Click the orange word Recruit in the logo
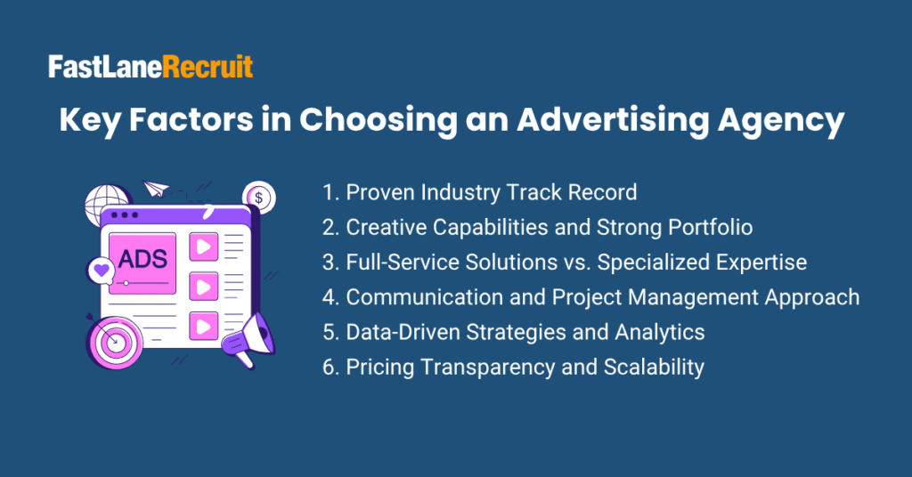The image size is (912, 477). tap(208, 67)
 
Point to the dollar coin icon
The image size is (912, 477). tap(259, 198)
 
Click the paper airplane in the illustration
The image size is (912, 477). tap(156, 189)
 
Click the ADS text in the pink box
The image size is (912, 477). tap(142, 259)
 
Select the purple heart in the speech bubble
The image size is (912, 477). tap(102, 270)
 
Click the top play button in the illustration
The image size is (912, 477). tap(204, 247)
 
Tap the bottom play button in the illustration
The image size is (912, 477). tap(204, 326)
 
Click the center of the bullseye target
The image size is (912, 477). tap(115, 341)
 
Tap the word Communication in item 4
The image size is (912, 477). tap(425, 297)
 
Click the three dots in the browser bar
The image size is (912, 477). tap(125, 215)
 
